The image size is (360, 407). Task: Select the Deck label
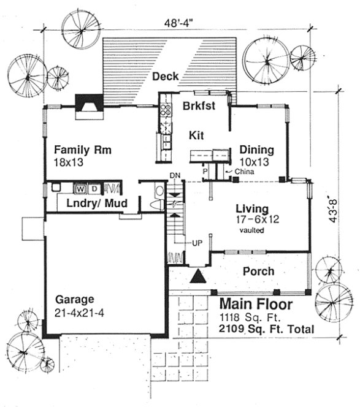(x=165, y=76)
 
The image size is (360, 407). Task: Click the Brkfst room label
(x=198, y=105)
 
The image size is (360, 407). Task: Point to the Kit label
(x=196, y=135)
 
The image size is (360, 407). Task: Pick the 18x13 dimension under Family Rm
(x=68, y=163)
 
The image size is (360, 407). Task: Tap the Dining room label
(x=256, y=150)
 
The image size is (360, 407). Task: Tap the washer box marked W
(x=80, y=188)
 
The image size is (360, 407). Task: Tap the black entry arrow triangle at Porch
(x=198, y=276)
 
